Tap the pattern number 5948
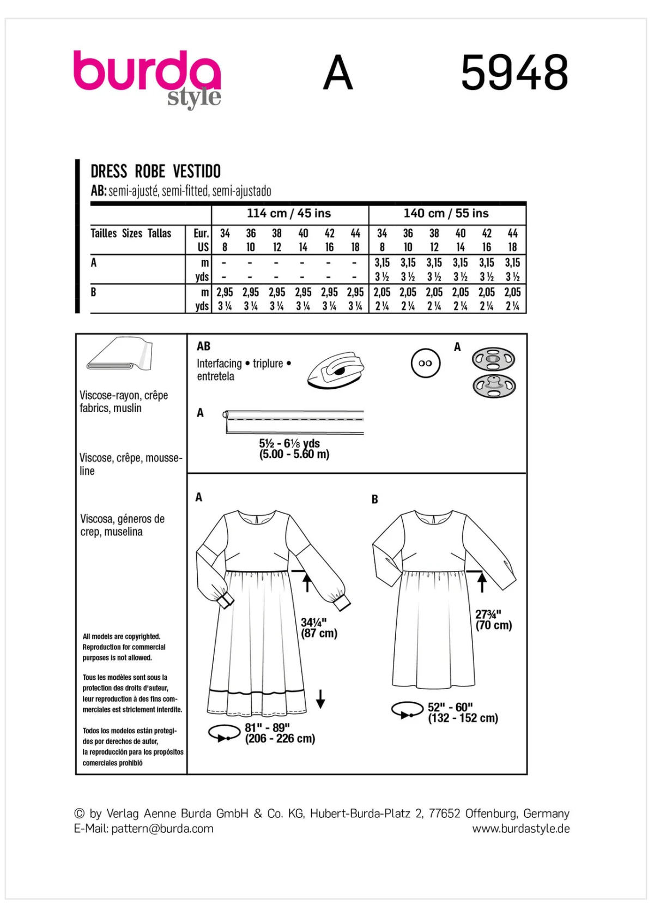click(x=514, y=73)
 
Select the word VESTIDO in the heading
click(x=197, y=171)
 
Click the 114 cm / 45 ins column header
click(x=289, y=213)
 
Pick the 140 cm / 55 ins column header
click(x=446, y=213)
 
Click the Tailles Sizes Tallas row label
click(x=131, y=233)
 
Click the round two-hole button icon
click(x=425, y=363)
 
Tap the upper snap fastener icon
click(x=493, y=359)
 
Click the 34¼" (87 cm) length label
click(x=319, y=628)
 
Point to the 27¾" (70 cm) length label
click(x=493, y=620)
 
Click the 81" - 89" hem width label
click(x=280, y=733)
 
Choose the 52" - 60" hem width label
click(x=463, y=713)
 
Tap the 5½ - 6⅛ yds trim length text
click(x=289, y=443)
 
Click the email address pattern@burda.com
click(x=162, y=829)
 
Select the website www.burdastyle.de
click(x=520, y=829)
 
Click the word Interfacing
click(x=219, y=364)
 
